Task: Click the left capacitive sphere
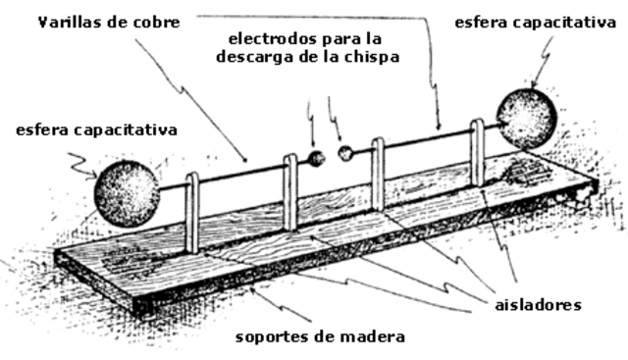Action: (x=127, y=193)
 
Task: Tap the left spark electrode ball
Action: (x=316, y=157)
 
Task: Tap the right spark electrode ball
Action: (x=345, y=152)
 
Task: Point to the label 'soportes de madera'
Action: (x=320, y=337)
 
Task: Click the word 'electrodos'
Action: (x=271, y=39)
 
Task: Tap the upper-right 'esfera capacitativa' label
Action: (x=538, y=22)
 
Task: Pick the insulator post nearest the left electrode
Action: (x=289, y=190)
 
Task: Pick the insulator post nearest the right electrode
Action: (x=378, y=174)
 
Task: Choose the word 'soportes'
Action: (x=269, y=338)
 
